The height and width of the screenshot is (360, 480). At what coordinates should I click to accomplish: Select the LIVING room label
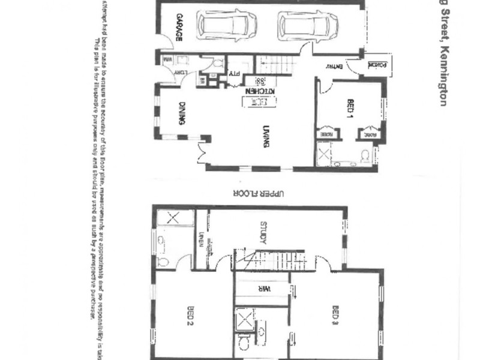click(x=265, y=135)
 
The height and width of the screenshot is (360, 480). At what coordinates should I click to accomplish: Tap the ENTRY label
click(x=334, y=67)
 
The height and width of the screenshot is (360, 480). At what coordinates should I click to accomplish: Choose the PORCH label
click(x=376, y=64)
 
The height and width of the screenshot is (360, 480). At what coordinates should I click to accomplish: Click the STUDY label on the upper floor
click(x=263, y=233)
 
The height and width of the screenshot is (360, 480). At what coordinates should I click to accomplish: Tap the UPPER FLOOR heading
click(x=265, y=193)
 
